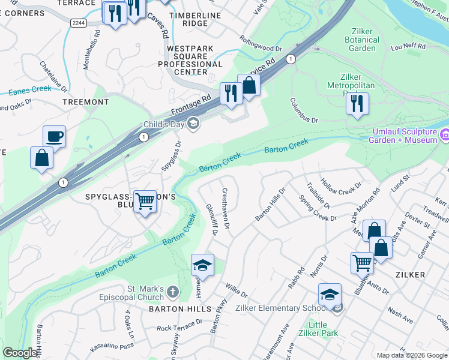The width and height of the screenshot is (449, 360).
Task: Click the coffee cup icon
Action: coord(55,137)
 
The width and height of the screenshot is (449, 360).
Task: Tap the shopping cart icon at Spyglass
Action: coord(145,202)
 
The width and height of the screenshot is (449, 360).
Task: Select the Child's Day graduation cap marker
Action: coord(193,124)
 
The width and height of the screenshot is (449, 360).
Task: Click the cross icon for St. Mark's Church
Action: coord(172,293)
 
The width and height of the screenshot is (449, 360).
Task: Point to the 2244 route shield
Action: coord(78,23)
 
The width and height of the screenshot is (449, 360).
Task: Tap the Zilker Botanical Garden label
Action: coord(363,40)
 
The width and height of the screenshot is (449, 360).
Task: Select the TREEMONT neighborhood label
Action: coord(86,102)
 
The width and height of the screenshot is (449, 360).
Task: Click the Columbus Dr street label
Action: coord(304,110)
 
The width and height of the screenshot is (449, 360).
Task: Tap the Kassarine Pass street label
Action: coord(111,347)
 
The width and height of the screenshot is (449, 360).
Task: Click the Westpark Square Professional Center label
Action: coord(187,60)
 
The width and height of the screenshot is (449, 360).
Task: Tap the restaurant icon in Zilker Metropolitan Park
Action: coord(357,103)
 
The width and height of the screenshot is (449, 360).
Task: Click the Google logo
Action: coord(20,353)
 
